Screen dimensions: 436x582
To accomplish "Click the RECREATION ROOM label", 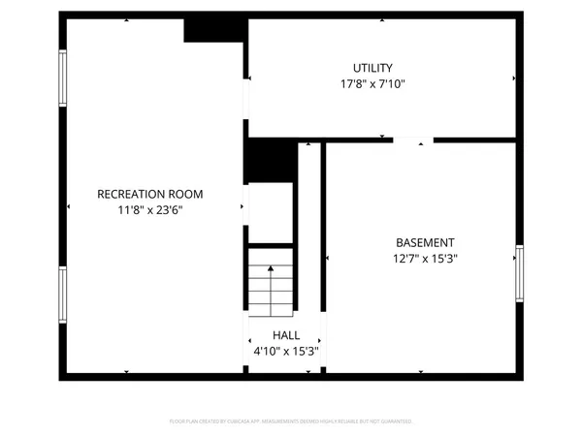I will [x=150, y=194].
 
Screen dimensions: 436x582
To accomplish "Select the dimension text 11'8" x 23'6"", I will [x=150, y=209].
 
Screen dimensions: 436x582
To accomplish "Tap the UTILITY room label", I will [x=372, y=68].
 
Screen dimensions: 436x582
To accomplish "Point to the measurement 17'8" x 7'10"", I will [x=372, y=84].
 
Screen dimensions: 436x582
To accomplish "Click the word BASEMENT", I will [x=425, y=242].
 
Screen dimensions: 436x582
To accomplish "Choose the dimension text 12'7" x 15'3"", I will [x=425, y=259].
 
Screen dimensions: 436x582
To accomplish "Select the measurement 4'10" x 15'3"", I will [x=285, y=351].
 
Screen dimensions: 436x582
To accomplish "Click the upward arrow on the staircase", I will [x=271, y=276].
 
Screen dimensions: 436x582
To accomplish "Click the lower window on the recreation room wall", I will [x=64, y=296].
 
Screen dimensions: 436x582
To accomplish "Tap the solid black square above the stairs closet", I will [x=269, y=160].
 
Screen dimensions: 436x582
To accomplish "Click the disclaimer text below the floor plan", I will [x=291, y=421].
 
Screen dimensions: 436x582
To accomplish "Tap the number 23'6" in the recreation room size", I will [x=169, y=209].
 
